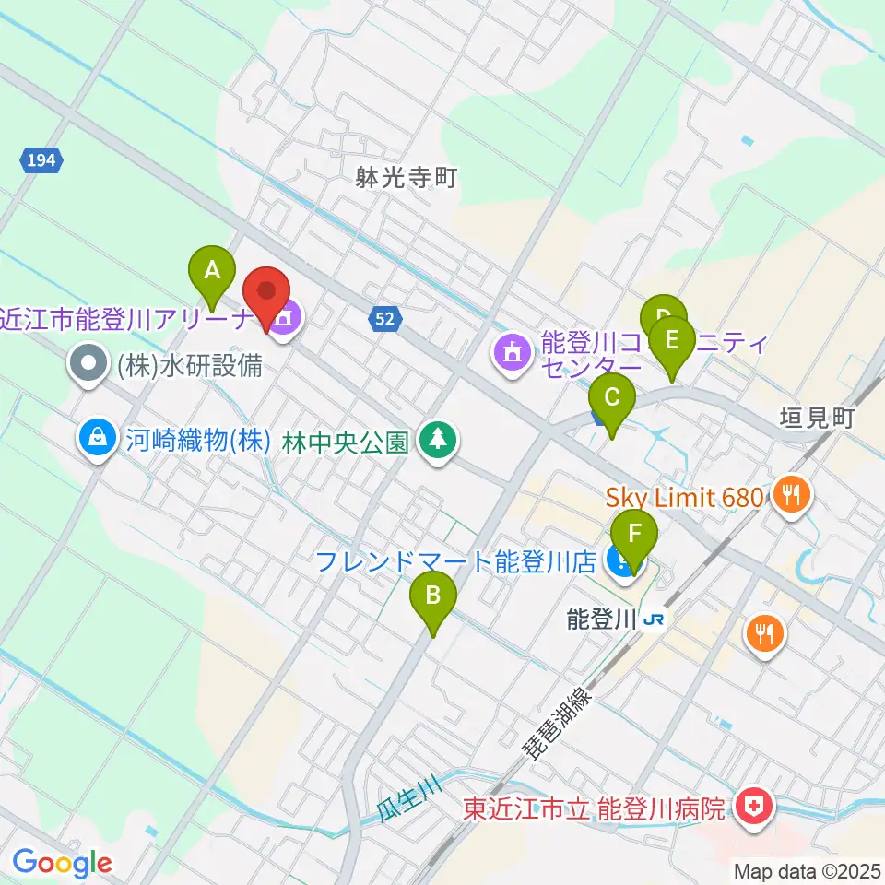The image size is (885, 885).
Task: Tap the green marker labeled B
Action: (432, 596)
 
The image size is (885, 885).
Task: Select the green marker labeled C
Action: (612, 398)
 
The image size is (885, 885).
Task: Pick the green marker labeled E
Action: (672, 339)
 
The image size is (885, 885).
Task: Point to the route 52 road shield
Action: (386, 319)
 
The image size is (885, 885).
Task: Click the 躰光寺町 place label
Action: (407, 178)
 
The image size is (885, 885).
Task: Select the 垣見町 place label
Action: (818, 417)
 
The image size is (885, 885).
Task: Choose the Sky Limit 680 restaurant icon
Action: (792, 498)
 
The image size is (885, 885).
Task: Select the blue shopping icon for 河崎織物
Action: (98, 435)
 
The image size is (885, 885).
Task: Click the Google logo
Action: (61, 864)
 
